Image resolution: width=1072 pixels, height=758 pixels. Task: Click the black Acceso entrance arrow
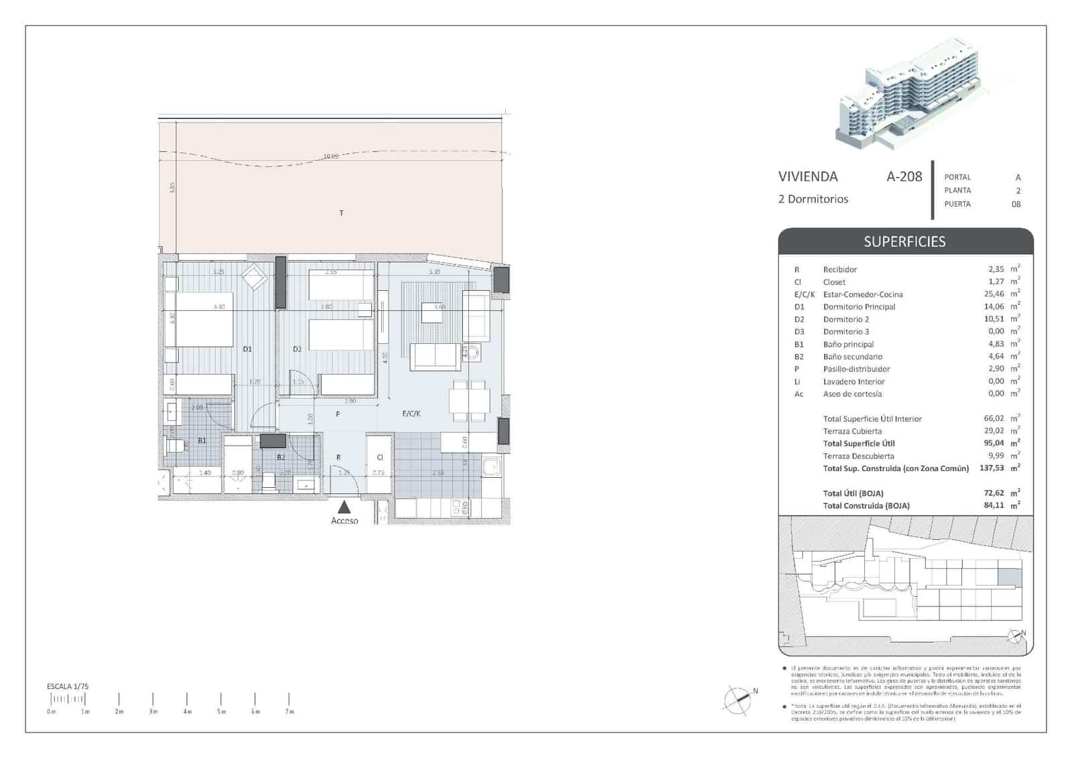344,507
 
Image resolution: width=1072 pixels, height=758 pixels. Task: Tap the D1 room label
247,349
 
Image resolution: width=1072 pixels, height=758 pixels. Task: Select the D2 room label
297,349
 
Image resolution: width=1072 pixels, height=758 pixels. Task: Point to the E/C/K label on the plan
411,414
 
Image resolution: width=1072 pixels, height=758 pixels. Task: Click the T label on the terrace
341,213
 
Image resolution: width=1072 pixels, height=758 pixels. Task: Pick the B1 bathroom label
202,441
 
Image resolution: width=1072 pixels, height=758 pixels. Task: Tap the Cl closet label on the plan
380,457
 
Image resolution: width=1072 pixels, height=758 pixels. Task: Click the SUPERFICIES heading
904,241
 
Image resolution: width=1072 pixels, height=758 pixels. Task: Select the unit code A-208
904,176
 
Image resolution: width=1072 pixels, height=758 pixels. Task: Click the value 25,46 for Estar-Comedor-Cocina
995,294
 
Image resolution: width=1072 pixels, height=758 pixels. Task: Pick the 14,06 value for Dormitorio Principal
995,307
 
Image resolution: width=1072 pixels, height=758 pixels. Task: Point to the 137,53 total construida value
992,468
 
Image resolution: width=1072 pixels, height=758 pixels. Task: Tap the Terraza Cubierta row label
852,431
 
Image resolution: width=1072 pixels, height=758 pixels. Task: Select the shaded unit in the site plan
1010,576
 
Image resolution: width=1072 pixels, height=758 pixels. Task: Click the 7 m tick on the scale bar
289,699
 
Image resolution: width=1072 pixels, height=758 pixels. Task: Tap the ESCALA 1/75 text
68,686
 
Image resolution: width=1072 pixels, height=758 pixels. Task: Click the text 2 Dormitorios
813,199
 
